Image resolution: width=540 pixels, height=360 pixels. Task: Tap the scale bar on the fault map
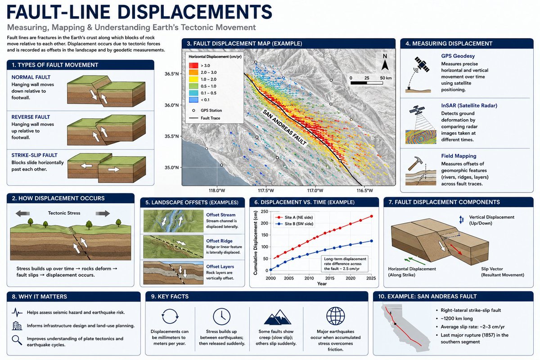pos(367,83)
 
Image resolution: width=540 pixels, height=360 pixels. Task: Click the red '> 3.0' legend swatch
pos(193,65)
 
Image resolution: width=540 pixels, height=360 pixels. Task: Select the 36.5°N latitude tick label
pos(171,74)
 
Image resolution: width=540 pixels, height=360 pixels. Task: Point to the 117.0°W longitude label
pos(315,190)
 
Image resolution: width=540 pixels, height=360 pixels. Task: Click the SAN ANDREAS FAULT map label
pos(284,127)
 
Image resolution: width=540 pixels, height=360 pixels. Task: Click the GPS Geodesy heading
pos(458,56)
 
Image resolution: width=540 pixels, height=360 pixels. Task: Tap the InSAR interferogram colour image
pos(421,137)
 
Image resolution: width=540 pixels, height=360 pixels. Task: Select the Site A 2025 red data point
pos(371,216)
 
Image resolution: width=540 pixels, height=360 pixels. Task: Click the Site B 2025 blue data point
pos(371,241)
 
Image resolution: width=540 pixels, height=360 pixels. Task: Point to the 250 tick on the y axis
pos(265,211)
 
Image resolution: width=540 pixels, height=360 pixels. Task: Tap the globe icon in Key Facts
pos(335,316)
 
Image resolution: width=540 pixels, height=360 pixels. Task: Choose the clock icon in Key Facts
pos(221,316)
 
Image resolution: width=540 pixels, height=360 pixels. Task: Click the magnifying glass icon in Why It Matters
pos(17,340)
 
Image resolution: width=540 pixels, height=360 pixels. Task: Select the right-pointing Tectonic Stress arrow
pos(103,213)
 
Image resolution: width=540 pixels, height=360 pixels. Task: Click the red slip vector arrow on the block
pos(455,250)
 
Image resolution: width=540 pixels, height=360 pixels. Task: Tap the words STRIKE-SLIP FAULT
pos(35,155)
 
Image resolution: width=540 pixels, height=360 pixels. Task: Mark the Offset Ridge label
pos(219,241)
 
